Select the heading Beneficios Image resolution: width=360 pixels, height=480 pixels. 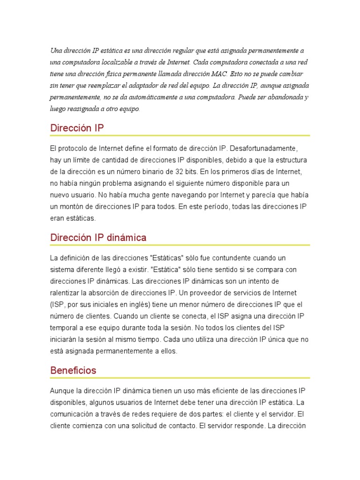point(73,370)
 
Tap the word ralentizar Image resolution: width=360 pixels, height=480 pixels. point(66,293)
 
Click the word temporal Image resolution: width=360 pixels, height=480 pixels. point(65,328)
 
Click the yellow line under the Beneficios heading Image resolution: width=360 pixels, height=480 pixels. point(180,378)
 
